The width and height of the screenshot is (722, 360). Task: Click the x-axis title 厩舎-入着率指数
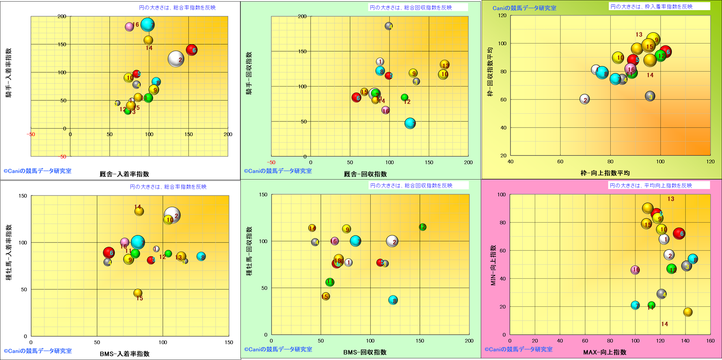tap(124, 174)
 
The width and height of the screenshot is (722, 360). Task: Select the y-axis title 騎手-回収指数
tap(249, 73)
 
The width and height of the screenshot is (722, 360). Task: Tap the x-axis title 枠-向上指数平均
tap(605, 173)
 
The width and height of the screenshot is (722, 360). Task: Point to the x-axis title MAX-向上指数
tap(605, 352)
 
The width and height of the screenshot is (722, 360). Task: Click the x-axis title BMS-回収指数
tap(365, 352)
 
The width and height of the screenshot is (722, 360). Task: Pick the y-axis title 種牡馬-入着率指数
tap(9, 253)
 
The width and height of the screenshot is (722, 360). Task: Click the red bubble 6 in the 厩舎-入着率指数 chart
tap(192, 50)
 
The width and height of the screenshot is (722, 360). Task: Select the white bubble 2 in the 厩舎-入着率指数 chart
tap(176, 59)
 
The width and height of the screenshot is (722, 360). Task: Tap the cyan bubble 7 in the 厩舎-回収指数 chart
tap(410, 124)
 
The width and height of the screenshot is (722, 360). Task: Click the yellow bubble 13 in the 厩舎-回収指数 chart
tap(445, 65)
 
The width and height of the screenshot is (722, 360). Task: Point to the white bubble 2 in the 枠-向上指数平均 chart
tap(584, 99)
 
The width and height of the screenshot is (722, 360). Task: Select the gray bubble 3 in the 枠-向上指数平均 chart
tap(650, 96)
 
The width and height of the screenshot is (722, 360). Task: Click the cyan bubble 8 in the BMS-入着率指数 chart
tap(201, 256)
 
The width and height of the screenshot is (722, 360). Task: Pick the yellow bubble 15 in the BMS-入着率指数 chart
tap(138, 293)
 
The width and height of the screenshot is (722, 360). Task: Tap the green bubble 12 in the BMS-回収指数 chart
tap(422, 227)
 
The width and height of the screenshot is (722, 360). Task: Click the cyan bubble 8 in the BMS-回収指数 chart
tap(393, 300)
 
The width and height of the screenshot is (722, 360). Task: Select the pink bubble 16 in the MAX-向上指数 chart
tap(635, 270)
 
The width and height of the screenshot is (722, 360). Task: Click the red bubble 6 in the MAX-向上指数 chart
tap(679, 233)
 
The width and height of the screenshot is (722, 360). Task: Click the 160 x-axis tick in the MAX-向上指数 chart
tap(710, 341)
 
